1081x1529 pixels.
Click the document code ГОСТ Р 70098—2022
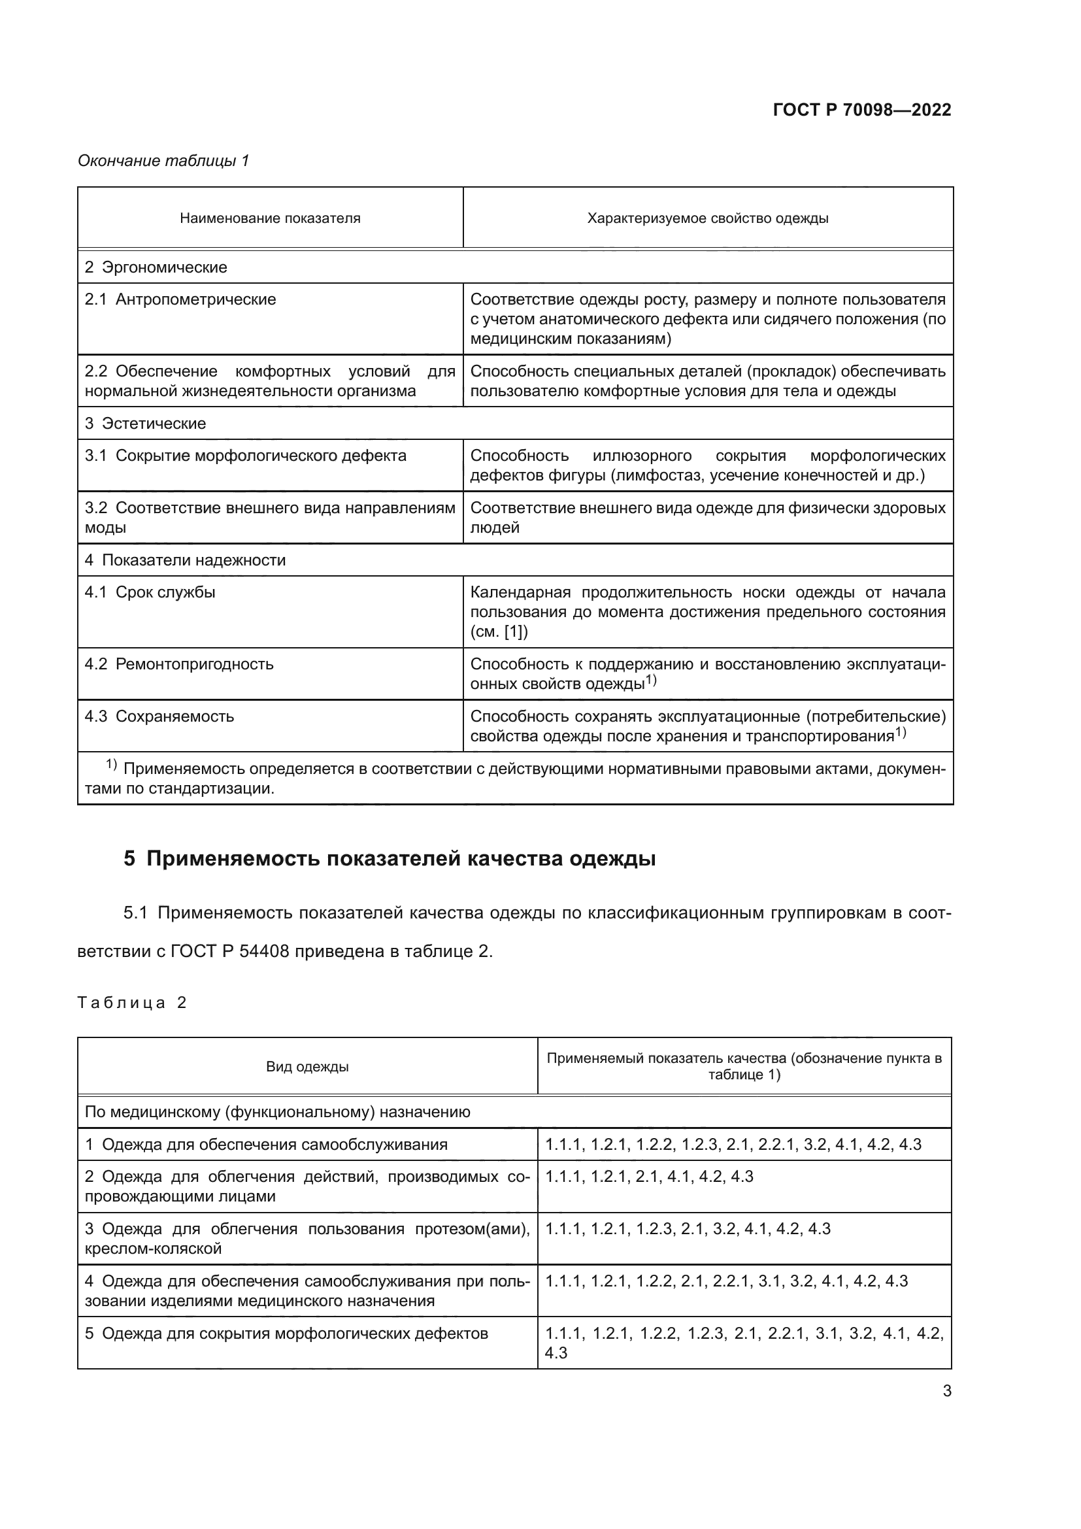click(861, 110)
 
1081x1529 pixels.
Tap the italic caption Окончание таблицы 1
click(163, 161)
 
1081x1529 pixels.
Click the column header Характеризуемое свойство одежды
click(708, 218)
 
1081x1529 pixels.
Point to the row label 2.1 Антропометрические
click(180, 299)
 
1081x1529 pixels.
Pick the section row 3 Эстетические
click(145, 424)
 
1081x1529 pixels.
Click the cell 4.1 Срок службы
click(150, 592)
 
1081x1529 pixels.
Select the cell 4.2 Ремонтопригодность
click(179, 664)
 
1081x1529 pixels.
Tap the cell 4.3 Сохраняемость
click(159, 716)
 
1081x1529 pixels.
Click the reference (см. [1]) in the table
click(499, 631)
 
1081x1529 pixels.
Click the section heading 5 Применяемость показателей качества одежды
click(390, 858)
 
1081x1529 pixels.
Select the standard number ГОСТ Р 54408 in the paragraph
click(229, 951)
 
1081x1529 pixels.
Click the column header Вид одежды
click(307, 1066)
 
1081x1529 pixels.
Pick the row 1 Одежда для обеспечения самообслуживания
click(266, 1145)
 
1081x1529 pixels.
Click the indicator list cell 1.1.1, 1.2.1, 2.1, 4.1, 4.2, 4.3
click(649, 1177)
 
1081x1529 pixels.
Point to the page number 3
click(946, 1390)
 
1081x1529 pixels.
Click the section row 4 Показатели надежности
click(185, 560)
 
